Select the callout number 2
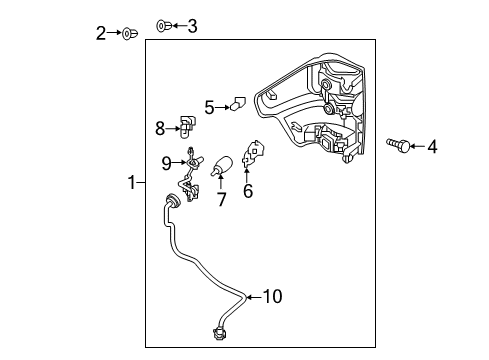click(101, 34)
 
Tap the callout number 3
click(192, 26)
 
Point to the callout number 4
click(432, 148)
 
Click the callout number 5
click(210, 106)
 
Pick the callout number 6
click(247, 191)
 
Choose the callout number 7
click(221, 199)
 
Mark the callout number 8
click(160, 127)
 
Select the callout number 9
click(167, 163)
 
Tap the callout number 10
click(274, 295)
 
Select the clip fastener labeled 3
click(164, 25)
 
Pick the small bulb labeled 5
click(238, 102)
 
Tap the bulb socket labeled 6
click(253, 156)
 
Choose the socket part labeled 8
click(186, 125)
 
